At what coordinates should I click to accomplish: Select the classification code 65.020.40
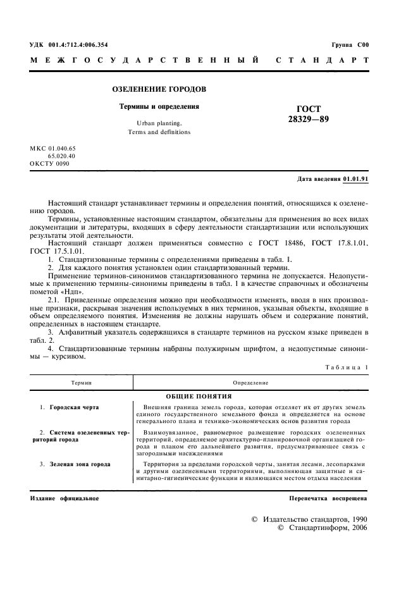pos(61,155)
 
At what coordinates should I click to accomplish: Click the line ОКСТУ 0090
pos(50,163)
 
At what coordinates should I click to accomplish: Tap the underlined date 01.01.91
pos(355,179)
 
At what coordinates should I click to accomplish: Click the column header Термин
pos(81,383)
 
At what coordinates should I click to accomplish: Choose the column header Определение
pos(250,383)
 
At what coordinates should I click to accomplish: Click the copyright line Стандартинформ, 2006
pos(323,527)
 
